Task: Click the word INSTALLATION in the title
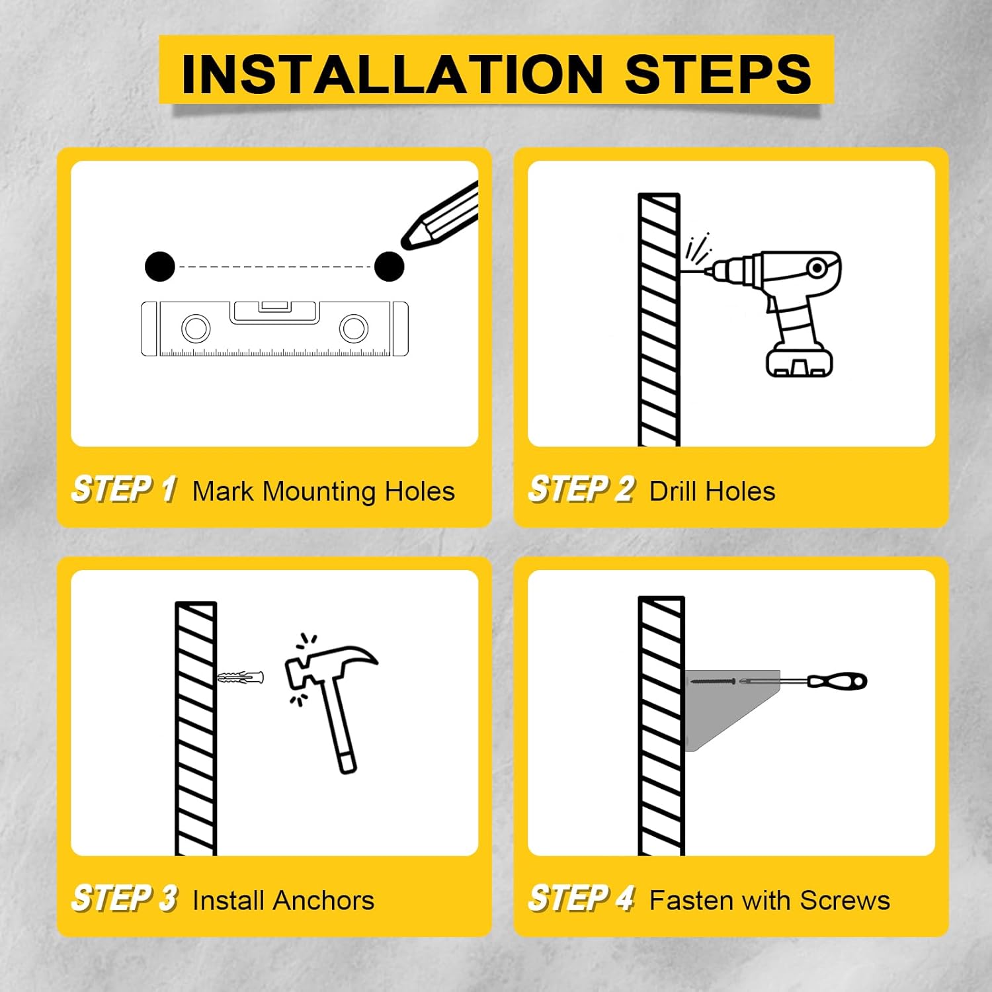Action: pos(392,74)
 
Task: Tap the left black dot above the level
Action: pos(160,267)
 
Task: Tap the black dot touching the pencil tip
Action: pos(389,267)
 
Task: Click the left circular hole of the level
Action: pos(196,329)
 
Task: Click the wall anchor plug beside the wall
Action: pos(241,678)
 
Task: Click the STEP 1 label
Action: pos(124,490)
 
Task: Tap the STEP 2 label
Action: pos(581,490)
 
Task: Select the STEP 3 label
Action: pos(124,899)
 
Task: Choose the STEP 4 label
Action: pos(581,899)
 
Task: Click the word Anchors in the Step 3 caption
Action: pos(323,901)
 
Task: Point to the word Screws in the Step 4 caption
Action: pos(845,901)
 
